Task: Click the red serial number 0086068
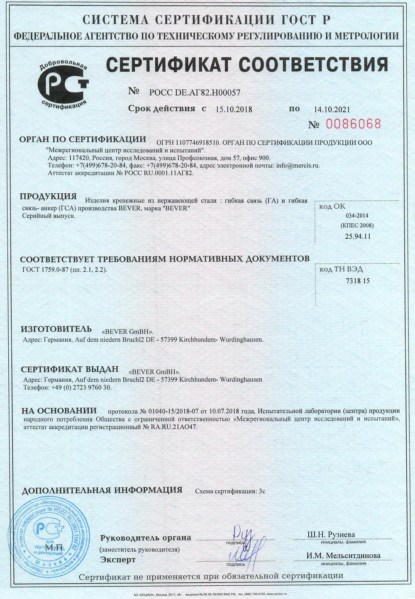coord(353,124)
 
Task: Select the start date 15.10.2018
coord(234,110)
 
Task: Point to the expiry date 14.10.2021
coord(332,110)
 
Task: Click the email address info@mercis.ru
coord(298,166)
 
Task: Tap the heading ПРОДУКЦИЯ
coord(49,196)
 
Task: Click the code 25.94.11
coord(357,236)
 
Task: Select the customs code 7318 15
coord(357,281)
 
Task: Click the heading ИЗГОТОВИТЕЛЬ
coord(56,329)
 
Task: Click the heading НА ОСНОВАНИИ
coord(59,411)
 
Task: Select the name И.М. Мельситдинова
coord(343,555)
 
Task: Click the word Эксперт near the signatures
coord(118,560)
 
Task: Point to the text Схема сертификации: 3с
coord(230,491)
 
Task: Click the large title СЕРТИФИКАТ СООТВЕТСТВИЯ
coord(247,65)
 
